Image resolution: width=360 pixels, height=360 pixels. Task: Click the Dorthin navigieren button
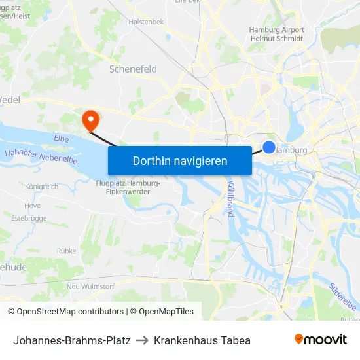(180, 160)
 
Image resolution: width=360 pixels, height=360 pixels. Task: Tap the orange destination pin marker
(90, 119)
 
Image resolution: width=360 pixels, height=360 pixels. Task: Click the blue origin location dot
(269, 147)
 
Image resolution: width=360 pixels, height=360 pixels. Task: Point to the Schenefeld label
(133, 68)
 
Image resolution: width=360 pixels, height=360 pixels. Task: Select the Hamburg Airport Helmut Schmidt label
(276, 34)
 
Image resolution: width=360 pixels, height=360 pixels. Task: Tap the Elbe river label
(62, 139)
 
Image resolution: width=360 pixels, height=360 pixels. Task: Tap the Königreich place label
(41, 187)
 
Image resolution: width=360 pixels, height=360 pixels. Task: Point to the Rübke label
(66, 251)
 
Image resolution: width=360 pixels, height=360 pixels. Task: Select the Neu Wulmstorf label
(92, 287)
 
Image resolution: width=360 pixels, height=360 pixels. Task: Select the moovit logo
(320, 339)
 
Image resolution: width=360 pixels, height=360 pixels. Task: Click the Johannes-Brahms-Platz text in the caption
(72, 340)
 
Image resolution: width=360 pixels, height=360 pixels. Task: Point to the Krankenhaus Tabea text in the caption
(202, 340)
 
